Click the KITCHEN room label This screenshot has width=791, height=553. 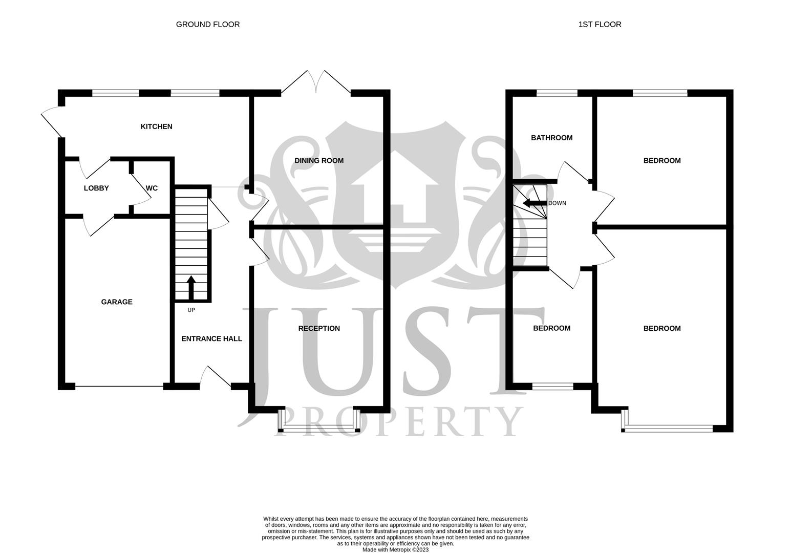(x=156, y=126)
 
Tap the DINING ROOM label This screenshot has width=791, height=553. (x=319, y=161)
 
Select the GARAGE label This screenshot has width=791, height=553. (x=117, y=302)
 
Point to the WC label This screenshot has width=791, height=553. (x=152, y=188)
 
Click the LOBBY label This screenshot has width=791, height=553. (x=96, y=188)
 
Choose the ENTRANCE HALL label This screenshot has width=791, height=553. (x=211, y=339)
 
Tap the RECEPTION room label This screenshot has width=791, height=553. (x=319, y=329)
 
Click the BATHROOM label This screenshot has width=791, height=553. (x=551, y=138)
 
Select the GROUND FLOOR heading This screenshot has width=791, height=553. (x=208, y=24)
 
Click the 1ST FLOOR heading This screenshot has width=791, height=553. (x=600, y=24)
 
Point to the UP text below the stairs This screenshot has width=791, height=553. (x=191, y=310)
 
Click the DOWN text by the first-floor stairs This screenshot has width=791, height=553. (x=557, y=203)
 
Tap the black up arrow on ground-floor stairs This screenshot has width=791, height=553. (x=191, y=287)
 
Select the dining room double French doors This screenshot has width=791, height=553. (x=316, y=83)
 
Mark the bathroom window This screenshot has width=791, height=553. (x=557, y=93)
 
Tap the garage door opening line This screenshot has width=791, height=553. (x=119, y=387)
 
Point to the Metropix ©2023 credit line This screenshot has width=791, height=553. (x=395, y=550)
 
